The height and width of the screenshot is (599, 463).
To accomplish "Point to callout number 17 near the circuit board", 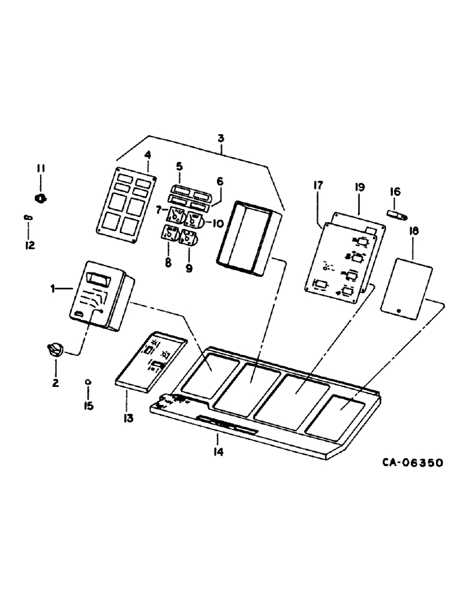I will click(318, 186).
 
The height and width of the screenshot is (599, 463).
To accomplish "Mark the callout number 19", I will click(359, 187).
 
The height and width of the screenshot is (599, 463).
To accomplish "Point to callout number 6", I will click(220, 181).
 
